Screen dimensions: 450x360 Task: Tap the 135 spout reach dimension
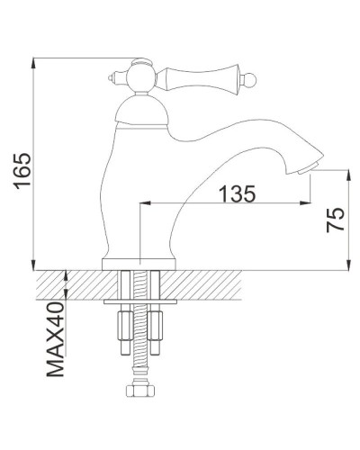point(236,193)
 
